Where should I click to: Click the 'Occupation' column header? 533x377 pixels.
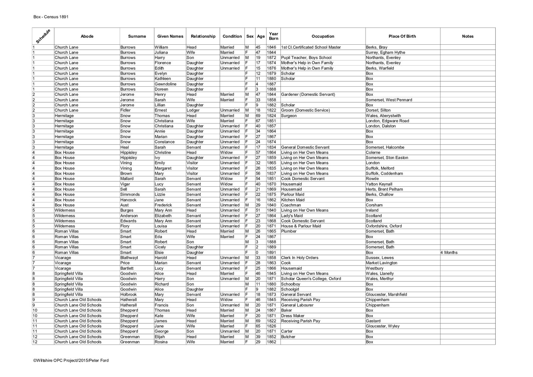pyautogui.click(x=322, y=36)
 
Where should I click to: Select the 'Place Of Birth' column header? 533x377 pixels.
pyautogui.click(x=402, y=36)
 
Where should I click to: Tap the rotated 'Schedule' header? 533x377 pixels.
pyautogui.click(x=43, y=36)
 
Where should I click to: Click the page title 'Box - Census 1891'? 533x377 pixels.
pyautogui.click(x=51, y=17)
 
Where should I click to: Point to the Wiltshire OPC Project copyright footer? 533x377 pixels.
pyautogui.click(x=71, y=360)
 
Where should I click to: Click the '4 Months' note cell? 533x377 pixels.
pyautogui.click(x=449, y=252)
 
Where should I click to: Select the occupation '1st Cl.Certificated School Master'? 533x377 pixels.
pyautogui.click(x=311, y=47)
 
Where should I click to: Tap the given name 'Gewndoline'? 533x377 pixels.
pyautogui.click(x=165, y=84)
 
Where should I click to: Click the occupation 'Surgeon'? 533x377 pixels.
pyautogui.click(x=288, y=116)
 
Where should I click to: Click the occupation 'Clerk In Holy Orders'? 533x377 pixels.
pyautogui.click(x=299, y=258)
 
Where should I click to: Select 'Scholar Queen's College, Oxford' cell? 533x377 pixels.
pyautogui.click(x=311, y=279)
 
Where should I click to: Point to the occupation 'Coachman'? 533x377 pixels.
pyautogui.click(x=291, y=205)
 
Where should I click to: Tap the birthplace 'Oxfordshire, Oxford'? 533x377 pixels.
pyautogui.click(x=383, y=226)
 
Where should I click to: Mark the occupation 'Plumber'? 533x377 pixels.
pyautogui.click(x=288, y=231)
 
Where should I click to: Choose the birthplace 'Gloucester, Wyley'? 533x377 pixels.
pyautogui.click(x=382, y=326)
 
